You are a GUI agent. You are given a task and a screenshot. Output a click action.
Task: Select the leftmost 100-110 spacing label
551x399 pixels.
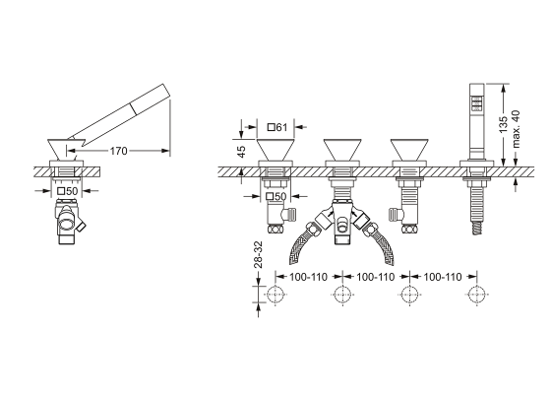coord(307,279)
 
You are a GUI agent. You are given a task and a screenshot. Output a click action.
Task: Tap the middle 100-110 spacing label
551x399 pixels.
coord(376,279)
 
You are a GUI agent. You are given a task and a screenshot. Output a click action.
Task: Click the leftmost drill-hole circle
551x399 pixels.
coord(274,296)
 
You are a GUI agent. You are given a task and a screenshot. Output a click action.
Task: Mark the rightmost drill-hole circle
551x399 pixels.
coord(477,296)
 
